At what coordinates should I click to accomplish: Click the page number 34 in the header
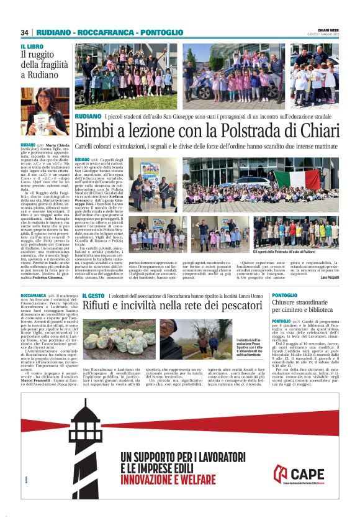click(x=25, y=32)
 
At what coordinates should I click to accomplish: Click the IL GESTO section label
click(x=93, y=296)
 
